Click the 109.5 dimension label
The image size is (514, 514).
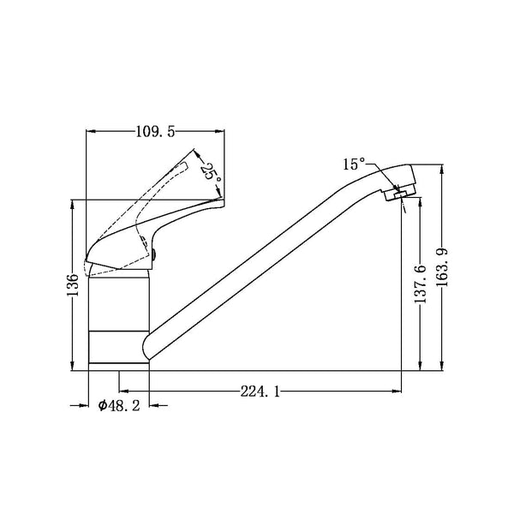pos(156,132)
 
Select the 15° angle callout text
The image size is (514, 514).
pos(354,164)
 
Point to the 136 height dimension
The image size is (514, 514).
pos(73,284)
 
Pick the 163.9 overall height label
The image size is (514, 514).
pos(442,267)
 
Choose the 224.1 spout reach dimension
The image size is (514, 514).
pos(260,391)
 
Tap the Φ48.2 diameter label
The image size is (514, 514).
pos(119,406)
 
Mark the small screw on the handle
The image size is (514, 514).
pos(154,254)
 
